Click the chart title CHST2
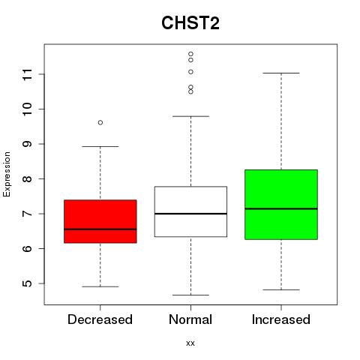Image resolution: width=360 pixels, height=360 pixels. pyautogui.click(x=190, y=23)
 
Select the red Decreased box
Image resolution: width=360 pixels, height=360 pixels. pyautogui.click(x=100, y=221)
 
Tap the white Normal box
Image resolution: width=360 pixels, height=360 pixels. pyautogui.click(x=190, y=211)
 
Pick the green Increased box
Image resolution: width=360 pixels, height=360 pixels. pyautogui.click(x=281, y=205)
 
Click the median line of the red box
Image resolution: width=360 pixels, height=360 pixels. pyautogui.click(x=100, y=229)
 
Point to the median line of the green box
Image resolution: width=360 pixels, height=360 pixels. pyautogui.click(x=281, y=208)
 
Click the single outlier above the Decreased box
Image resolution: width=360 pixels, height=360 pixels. pyautogui.click(x=100, y=122)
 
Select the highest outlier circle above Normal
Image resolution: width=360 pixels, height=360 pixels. pyautogui.click(x=190, y=54)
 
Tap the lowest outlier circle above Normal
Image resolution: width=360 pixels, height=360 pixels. pyautogui.click(x=190, y=91)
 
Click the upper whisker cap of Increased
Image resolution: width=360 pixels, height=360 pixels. pyautogui.click(x=281, y=73)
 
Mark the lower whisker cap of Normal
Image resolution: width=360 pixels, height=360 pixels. pyautogui.click(x=190, y=295)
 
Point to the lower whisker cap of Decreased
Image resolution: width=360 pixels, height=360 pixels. pyautogui.click(x=100, y=286)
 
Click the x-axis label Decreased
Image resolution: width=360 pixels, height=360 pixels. pyautogui.click(x=100, y=319)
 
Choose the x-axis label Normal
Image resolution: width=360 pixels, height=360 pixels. pyautogui.click(x=190, y=319)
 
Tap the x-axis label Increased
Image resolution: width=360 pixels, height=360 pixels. pyautogui.click(x=281, y=319)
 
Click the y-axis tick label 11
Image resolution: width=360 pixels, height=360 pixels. pyautogui.click(x=28, y=74)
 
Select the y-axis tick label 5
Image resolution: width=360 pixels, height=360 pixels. pyautogui.click(x=28, y=283)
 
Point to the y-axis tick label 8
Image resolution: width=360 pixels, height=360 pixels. pyautogui.click(x=28, y=178)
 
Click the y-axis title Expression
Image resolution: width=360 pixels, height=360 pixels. pyautogui.click(x=7, y=174)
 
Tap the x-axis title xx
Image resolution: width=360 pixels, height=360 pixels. pyautogui.click(x=190, y=343)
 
